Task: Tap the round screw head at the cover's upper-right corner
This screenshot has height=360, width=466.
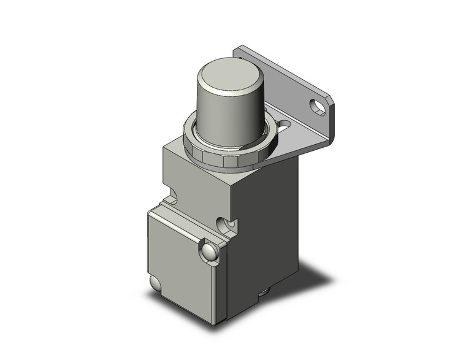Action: click(209, 251)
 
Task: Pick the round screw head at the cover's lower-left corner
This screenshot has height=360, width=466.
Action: click(155, 283)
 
